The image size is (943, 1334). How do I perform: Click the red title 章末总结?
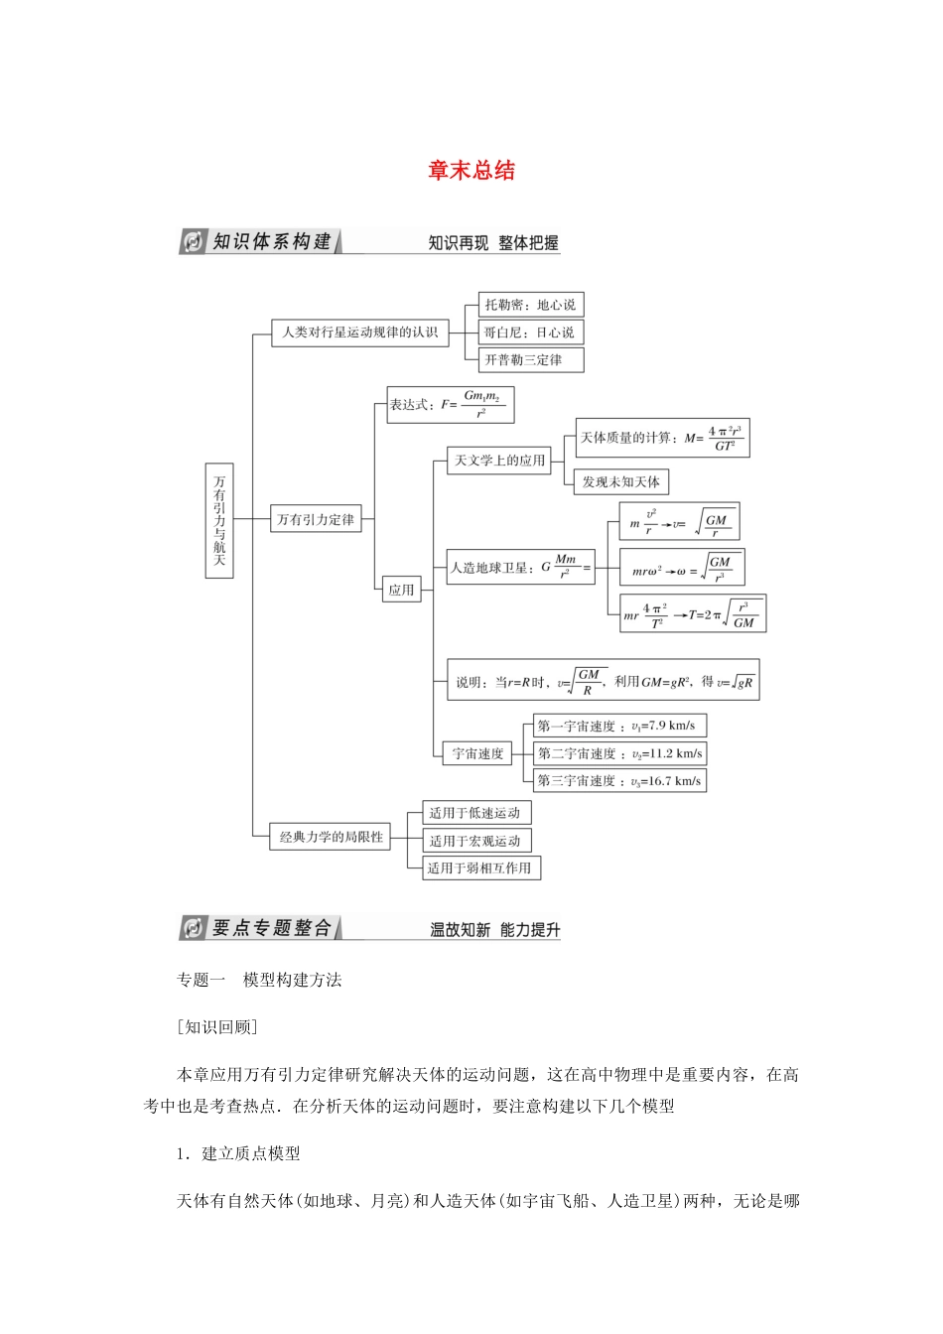point(471,171)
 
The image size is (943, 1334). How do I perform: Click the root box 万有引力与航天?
point(219,520)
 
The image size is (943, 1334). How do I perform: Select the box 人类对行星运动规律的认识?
point(359,333)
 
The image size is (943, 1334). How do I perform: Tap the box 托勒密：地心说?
point(530,305)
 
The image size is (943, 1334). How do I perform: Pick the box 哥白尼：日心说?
point(530,333)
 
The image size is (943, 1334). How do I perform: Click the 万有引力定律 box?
point(316,519)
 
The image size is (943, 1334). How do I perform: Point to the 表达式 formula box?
point(451,405)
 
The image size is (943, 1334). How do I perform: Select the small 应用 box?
point(401,590)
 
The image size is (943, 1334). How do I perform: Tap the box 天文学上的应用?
point(499,461)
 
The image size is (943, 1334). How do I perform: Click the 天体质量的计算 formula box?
point(662,438)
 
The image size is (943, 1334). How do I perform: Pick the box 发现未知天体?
point(621,482)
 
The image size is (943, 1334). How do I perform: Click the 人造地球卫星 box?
point(520,568)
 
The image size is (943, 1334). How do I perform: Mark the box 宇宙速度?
point(477,753)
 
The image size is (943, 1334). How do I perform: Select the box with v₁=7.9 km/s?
point(619,726)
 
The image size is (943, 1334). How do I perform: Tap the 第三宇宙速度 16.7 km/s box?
point(619,781)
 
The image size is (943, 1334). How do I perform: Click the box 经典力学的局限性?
point(331,837)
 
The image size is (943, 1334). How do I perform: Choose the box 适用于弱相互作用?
point(480,868)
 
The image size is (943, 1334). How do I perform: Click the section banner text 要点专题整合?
point(271,928)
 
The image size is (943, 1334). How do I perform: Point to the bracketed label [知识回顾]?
point(216,1027)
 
